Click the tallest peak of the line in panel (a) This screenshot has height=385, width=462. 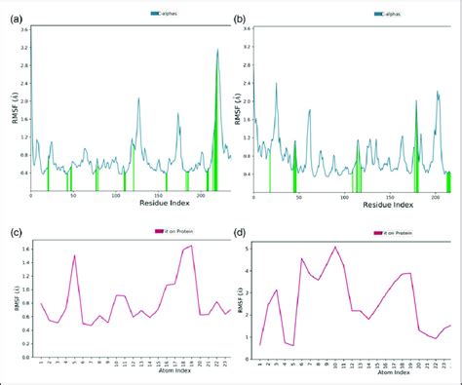[x=217, y=50]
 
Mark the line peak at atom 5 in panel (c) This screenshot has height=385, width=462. [x=75, y=255]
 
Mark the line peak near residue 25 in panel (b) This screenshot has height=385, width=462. [x=277, y=83]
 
